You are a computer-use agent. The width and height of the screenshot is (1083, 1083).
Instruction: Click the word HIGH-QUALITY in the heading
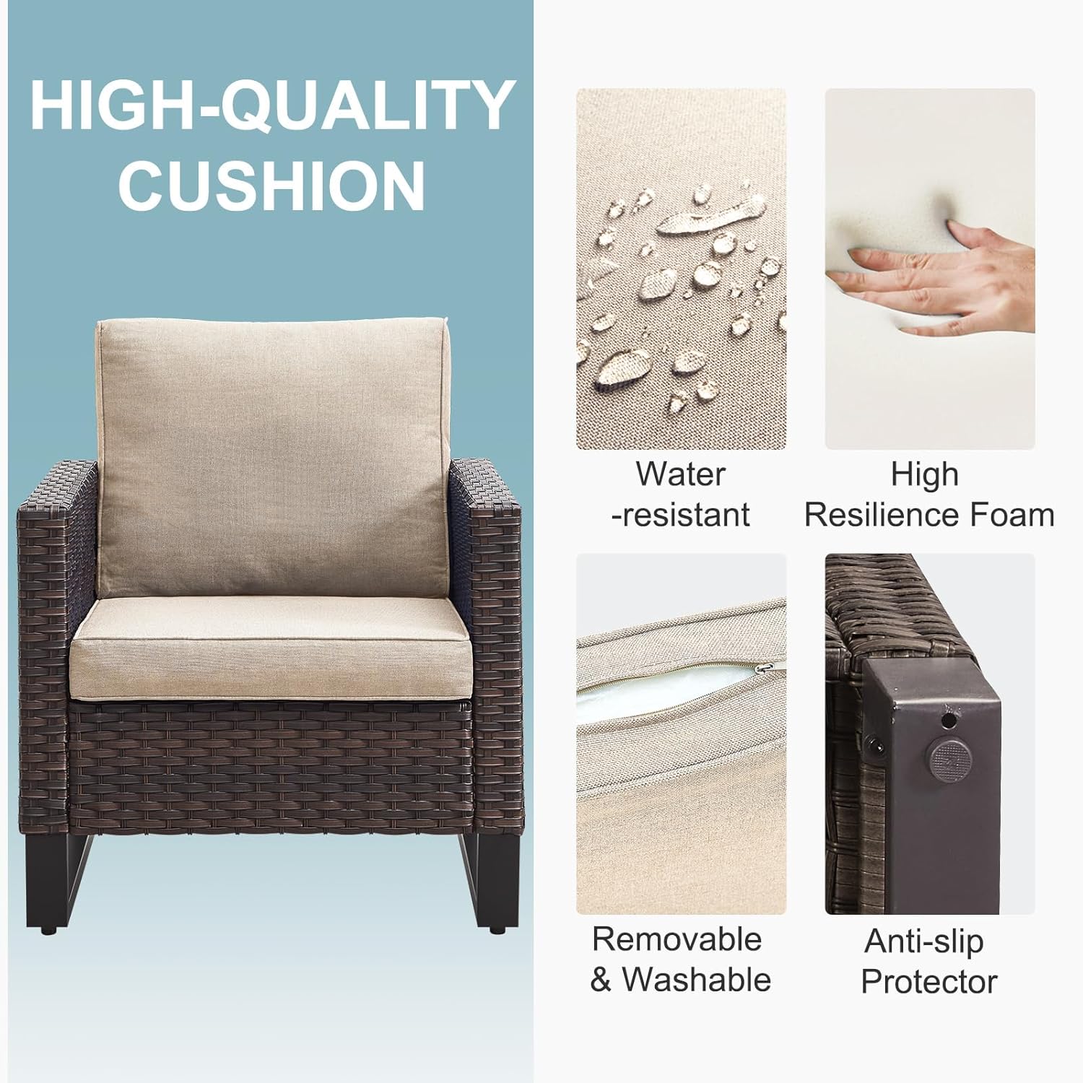click(x=271, y=106)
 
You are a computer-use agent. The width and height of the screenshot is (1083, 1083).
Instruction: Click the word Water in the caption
click(x=680, y=474)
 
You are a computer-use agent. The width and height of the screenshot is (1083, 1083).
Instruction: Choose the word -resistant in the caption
click(x=680, y=515)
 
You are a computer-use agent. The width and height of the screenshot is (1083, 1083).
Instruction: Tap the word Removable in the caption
click(x=677, y=939)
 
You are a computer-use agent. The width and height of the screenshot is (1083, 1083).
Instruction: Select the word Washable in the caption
click(x=696, y=980)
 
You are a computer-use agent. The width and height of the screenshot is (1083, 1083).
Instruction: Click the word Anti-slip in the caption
click(x=923, y=941)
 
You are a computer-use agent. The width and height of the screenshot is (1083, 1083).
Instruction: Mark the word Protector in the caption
click(x=928, y=982)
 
